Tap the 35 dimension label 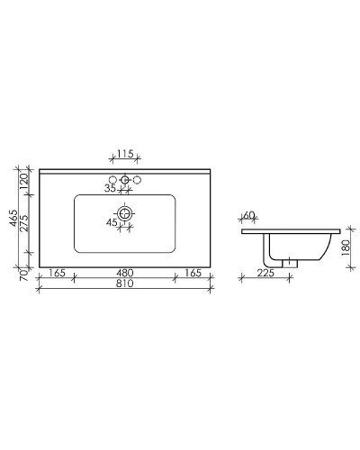click(111, 188)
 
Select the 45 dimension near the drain click(112, 221)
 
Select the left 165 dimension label click(56, 272)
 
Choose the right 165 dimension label click(193, 272)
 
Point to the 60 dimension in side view click(249, 216)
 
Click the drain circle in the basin click(125, 213)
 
